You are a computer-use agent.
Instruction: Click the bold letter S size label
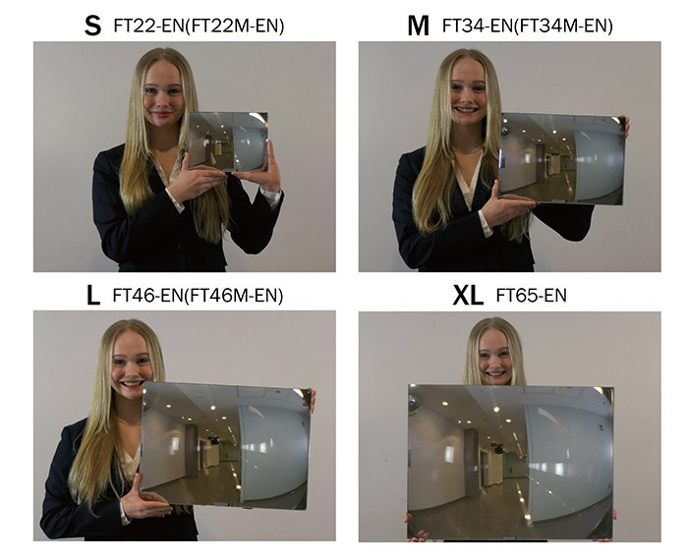coord(93,26)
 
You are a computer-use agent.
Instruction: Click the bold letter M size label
coord(419,26)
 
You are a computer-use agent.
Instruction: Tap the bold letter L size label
coord(94,295)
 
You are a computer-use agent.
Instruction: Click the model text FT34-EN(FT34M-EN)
coord(527,27)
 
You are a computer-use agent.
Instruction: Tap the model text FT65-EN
coord(531,295)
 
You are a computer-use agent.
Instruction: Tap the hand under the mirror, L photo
coord(148,502)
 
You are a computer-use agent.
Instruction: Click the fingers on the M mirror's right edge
coord(624,126)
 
